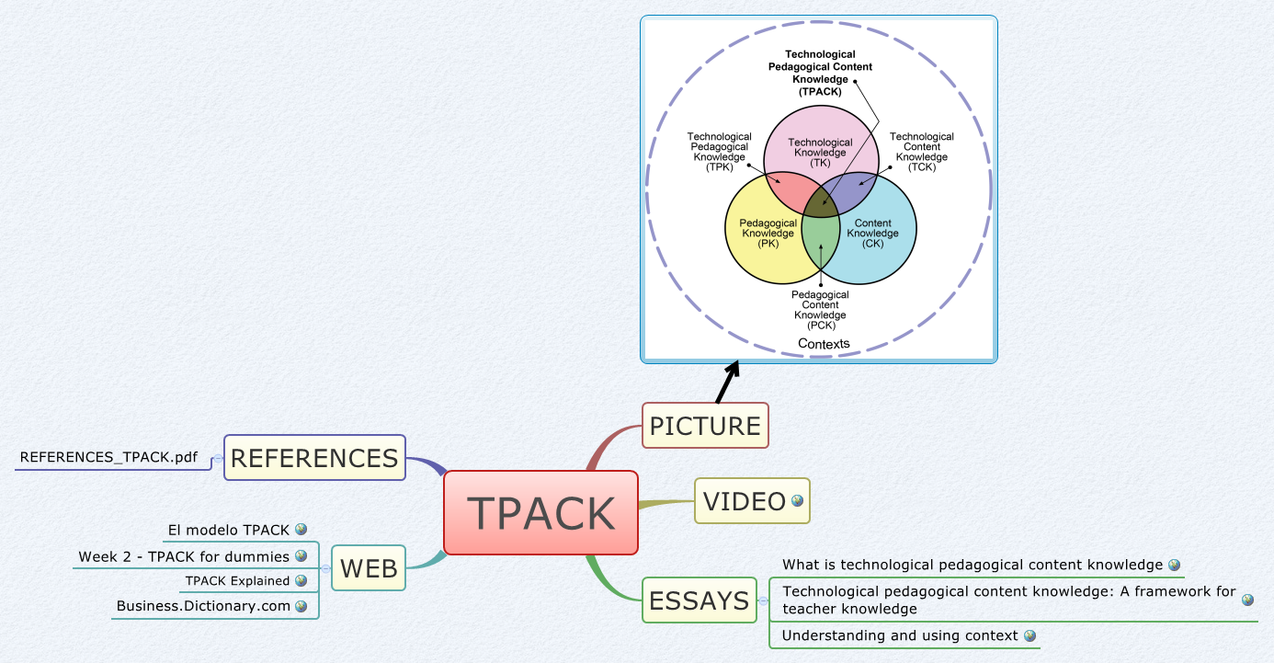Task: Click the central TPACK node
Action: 540,513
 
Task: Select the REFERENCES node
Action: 314,458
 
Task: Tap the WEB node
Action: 369,568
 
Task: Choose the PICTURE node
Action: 705,426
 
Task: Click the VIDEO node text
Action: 744,501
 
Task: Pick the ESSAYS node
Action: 699,601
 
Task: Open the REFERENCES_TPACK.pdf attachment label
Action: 108,457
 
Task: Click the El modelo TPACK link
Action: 228,530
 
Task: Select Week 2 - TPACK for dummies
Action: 184,556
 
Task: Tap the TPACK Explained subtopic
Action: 237,581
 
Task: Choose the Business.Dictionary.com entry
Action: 203,606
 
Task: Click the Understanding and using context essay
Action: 900,635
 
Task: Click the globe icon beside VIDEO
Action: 797,501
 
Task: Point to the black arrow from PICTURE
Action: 727,383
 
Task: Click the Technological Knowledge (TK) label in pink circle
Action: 820,152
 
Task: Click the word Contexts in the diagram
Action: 824,344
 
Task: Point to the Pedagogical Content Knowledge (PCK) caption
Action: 820,310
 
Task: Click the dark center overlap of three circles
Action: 821,200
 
